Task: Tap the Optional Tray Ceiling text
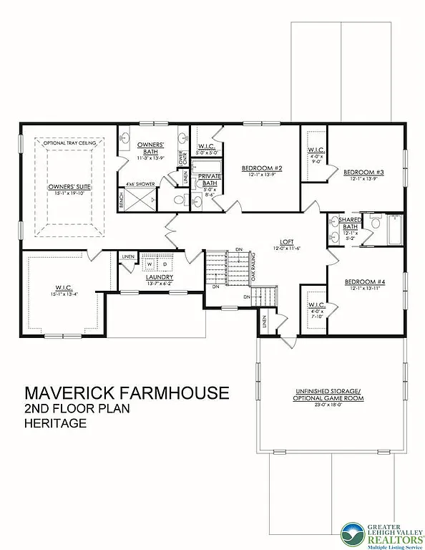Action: pos(66,143)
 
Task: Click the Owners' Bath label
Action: pos(151,148)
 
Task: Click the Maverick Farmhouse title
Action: pos(127,392)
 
